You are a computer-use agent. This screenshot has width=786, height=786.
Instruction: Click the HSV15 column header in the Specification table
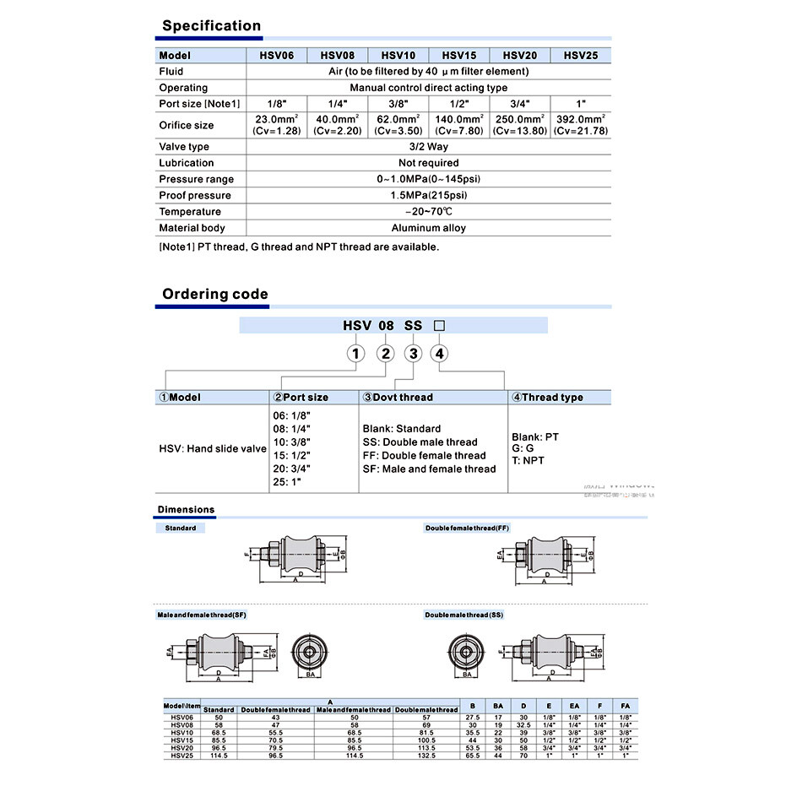pos(459,56)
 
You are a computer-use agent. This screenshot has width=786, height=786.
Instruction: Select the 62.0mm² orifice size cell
pos(398,125)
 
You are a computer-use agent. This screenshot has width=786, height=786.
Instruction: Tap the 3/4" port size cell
pos(520,104)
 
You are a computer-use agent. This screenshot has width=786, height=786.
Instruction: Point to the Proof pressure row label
pos(195,195)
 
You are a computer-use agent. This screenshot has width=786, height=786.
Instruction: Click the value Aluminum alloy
pos(428,228)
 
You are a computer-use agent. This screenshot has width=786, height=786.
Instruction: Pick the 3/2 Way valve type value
pos(428,147)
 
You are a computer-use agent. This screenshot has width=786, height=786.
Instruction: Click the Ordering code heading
pos(215,295)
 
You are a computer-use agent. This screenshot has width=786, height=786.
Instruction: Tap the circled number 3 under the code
pos(413,354)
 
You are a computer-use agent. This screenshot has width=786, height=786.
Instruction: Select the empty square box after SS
pos(438,326)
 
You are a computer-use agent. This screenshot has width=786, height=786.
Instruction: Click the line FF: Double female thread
pos(424,456)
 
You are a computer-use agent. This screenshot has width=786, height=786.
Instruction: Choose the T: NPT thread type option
pos(529,460)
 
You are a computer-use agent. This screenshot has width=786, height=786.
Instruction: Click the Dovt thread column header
pos(398,397)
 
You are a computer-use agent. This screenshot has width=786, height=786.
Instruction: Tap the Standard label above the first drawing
pos(181,528)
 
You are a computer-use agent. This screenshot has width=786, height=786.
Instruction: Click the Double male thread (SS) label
pos(464,615)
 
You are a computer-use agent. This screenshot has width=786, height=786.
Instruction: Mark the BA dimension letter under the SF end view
pos(311,675)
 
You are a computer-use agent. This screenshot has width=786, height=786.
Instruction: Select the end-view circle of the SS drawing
pos(467,651)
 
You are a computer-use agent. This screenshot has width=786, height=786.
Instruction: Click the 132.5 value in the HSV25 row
pos(426,755)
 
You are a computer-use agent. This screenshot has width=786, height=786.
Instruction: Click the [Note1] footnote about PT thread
pos(299,247)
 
